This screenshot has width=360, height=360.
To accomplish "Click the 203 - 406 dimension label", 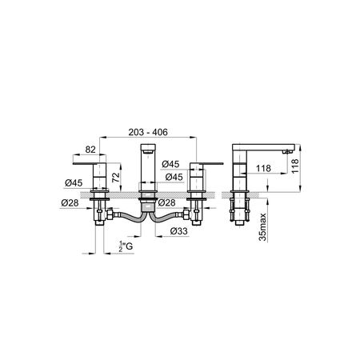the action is (x=148, y=132).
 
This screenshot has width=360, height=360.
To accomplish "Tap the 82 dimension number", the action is (x=90, y=150).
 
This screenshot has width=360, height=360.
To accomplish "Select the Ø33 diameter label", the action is (x=179, y=231).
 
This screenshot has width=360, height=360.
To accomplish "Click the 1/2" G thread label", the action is (x=126, y=246).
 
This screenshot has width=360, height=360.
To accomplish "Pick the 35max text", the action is (x=263, y=227).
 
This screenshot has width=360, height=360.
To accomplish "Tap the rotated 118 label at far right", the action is (x=295, y=166).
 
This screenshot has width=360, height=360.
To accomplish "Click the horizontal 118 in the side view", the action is (x=263, y=168).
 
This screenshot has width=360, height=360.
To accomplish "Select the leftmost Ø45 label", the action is (x=74, y=183).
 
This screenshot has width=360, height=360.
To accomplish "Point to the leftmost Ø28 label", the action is (x=70, y=203).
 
